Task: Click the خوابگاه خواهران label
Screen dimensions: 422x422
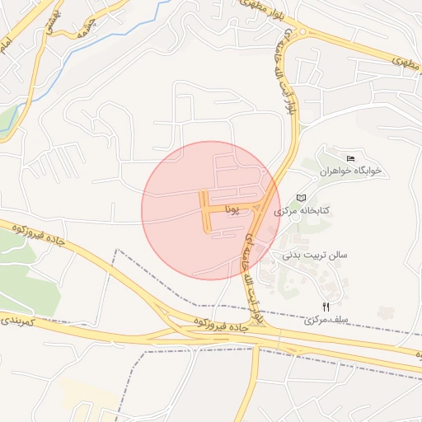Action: pos(357,171)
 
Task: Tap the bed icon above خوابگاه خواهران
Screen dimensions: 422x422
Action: pos(351,158)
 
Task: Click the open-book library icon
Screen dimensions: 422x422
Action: pos(301,198)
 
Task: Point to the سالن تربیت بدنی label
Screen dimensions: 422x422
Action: pos(316,255)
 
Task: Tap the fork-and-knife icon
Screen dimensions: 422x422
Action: pos(326,307)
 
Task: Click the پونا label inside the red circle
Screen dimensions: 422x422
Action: pos(235,210)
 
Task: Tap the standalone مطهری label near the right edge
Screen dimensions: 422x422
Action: pos(401,60)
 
